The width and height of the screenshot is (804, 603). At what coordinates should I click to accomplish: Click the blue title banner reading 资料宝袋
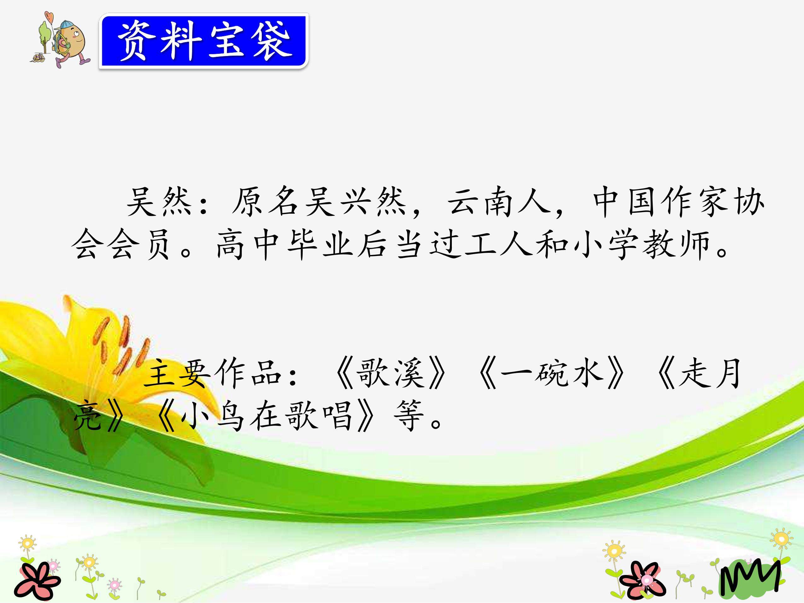[204, 41]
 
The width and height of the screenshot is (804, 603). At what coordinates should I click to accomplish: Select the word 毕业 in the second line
[320, 244]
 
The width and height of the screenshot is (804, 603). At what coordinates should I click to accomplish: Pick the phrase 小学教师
[640, 244]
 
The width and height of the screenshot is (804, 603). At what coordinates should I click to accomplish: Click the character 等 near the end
[409, 416]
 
